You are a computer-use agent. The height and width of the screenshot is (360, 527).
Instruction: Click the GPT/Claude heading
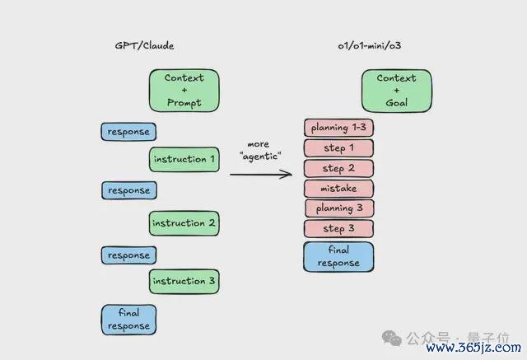click(x=145, y=45)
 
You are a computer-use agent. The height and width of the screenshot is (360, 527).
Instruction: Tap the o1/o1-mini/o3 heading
click(x=370, y=45)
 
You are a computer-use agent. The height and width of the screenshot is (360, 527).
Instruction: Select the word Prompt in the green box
click(x=184, y=102)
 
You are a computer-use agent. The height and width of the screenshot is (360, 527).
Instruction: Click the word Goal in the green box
click(x=397, y=102)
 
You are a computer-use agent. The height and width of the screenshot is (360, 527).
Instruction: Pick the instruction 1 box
click(x=184, y=159)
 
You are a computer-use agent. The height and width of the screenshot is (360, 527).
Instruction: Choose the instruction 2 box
click(x=184, y=223)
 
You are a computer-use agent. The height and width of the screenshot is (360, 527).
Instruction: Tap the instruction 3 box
click(x=184, y=281)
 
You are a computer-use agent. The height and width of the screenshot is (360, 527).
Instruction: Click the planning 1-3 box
click(x=338, y=128)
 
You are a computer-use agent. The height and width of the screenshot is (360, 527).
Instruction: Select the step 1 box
click(x=338, y=148)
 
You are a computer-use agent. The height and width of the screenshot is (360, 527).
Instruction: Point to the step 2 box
click(x=338, y=168)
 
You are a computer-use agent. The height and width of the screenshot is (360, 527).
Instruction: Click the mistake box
click(x=338, y=188)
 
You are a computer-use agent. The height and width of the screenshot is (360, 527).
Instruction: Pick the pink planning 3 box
click(x=339, y=208)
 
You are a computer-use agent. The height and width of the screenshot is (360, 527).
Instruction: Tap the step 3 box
click(x=338, y=228)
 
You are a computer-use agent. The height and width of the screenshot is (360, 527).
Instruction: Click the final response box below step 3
click(x=338, y=256)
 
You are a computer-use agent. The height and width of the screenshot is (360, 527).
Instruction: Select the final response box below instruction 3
click(x=128, y=320)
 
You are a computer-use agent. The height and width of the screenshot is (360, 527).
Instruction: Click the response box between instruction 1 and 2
click(x=129, y=190)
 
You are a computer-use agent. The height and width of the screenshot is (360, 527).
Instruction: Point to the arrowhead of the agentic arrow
click(x=291, y=174)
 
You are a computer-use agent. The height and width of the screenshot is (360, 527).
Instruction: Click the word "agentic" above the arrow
click(x=260, y=157)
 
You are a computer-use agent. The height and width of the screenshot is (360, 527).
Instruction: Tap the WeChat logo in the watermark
click(x=392, y=338)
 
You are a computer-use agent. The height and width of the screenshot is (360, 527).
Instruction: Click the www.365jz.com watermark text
click(x=473, y=347)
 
